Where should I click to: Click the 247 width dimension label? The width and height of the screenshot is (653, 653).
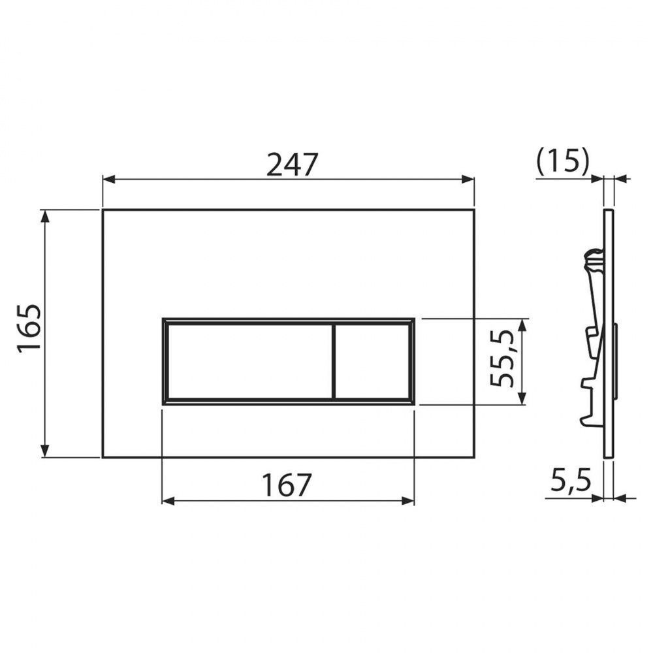[x=292, y=164]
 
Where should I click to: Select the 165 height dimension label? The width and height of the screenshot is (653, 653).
[x=29, y=329]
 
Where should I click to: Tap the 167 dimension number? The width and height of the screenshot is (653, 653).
[x=287, y=485]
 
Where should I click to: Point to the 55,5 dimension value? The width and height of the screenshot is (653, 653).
[x=501, y=358]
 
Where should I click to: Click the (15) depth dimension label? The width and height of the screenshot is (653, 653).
[x=563, y=161]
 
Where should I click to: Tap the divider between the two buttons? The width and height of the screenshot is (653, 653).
[x=334, y=361]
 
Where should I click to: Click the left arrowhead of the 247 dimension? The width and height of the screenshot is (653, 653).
[x=108, y=180]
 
